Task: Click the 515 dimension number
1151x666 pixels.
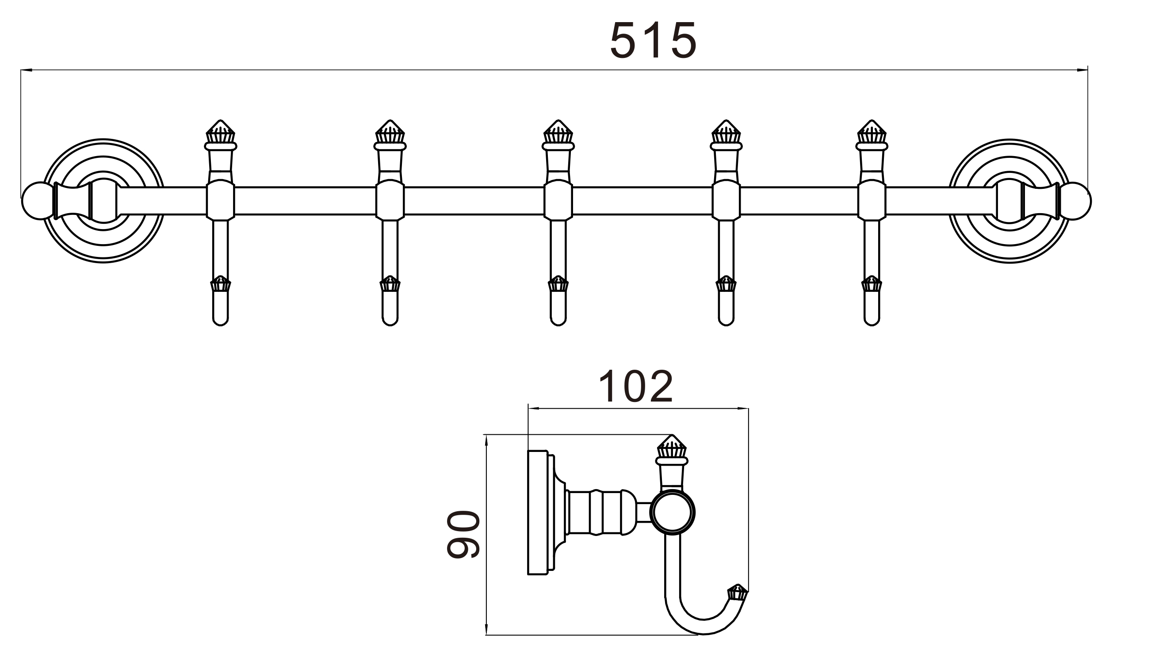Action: tap(653, 40)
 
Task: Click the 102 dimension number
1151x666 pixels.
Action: tap(636, 387)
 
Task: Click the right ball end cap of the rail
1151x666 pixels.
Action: tap(1075, 200)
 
